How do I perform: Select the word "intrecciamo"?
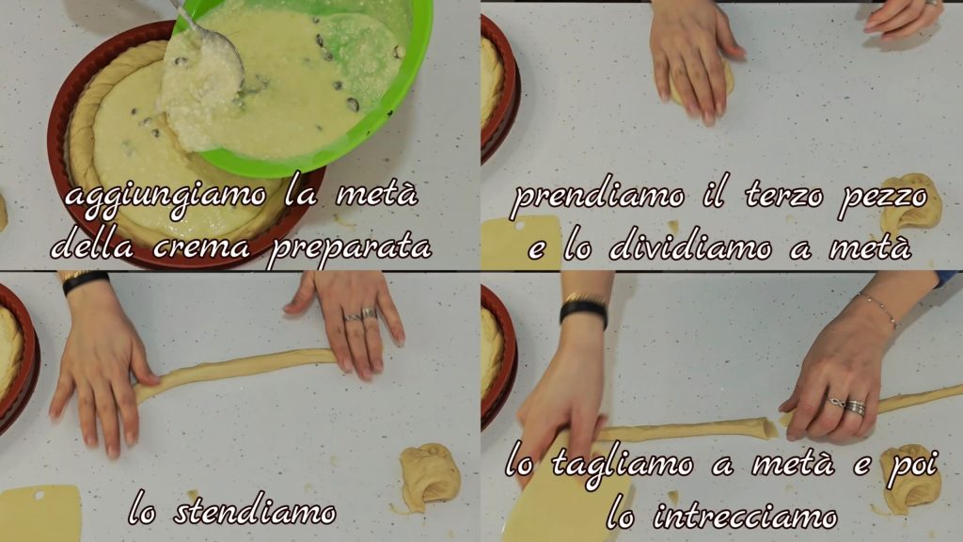[x=745, y=515]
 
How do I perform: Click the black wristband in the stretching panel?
[x=86, y=281]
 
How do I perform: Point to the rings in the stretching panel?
[x=361, y=314]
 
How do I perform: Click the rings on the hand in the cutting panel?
[x=848, y=406]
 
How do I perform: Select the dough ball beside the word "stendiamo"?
[x=430, y=477]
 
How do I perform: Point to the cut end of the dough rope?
[x=766, y=428]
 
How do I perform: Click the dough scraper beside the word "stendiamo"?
[x=39, y=514]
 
